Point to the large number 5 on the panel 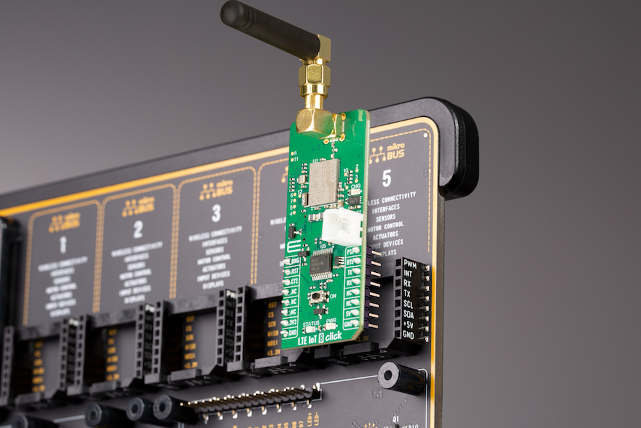(386, 178)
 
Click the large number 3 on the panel (216, 212)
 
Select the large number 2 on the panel (137, 229)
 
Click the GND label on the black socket (407, 335)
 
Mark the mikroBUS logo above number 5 (387, 154)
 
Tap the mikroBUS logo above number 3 (216, 190)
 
